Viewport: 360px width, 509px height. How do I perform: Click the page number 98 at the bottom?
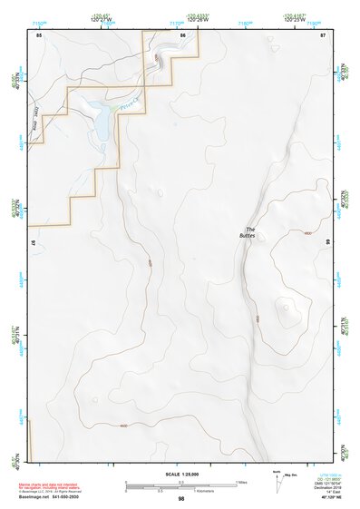click(181, 499)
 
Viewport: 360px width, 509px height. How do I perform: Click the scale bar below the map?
click(180, 485)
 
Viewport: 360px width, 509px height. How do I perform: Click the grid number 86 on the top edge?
click(183, 34)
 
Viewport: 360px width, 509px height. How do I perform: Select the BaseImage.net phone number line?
click(51, 497)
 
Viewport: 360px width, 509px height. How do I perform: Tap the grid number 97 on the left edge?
click(34, 244)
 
